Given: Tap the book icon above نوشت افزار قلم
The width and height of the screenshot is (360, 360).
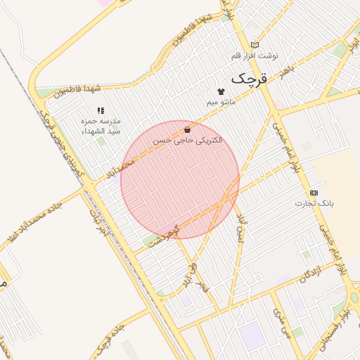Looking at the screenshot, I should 255,45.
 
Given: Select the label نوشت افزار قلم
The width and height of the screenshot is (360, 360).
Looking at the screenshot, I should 255,55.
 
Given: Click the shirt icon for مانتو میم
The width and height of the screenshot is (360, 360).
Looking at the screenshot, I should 221,91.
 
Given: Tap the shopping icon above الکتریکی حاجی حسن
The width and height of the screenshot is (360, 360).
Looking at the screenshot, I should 187,129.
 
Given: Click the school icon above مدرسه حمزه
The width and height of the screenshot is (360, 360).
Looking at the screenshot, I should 101,110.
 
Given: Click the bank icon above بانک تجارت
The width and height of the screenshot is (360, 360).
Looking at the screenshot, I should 314,193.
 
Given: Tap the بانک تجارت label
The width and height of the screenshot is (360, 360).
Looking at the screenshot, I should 317,202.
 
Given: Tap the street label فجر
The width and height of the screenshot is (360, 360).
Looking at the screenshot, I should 204,284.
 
